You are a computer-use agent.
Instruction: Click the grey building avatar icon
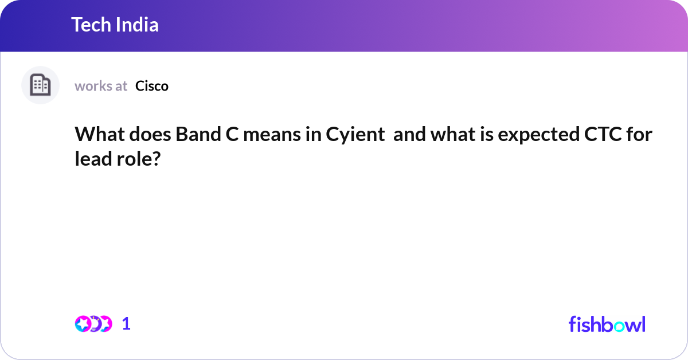[40, 85]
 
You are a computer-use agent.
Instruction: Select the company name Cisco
[152, 86]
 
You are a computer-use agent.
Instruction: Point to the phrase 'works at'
[101, 86]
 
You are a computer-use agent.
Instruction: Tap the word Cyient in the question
[355, 135]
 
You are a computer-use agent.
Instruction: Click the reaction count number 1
[126, 324]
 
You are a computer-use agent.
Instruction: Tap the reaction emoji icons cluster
[93, 324]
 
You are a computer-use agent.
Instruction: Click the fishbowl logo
[607, 324]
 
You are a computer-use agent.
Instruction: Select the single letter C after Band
[233, 135]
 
